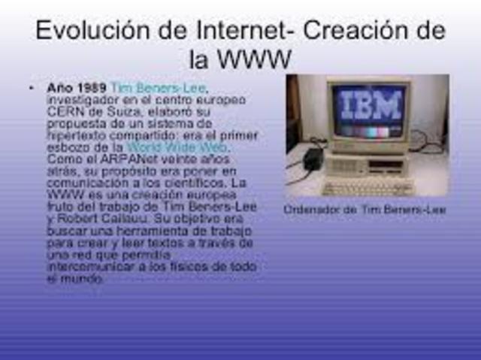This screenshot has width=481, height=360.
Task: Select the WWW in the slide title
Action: pos(256,59)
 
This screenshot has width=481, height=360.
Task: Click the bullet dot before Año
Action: pos(31,88)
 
